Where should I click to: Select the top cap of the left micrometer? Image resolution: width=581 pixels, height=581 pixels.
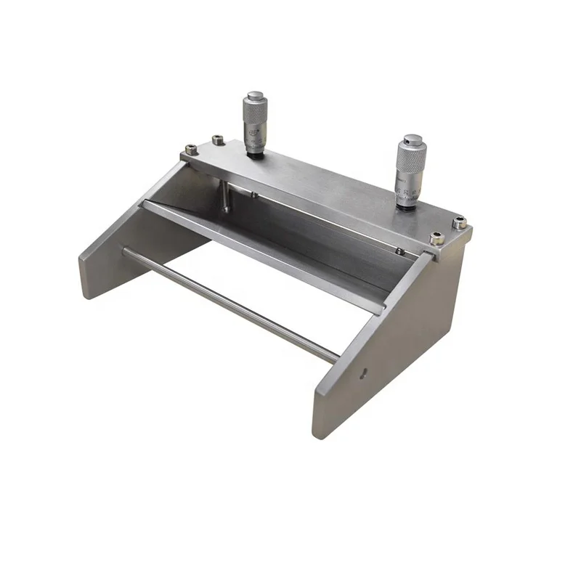[255, 95]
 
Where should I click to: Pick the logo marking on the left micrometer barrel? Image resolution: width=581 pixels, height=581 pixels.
[251, 135]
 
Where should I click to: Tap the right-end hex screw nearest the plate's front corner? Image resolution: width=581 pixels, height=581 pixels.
[436, 238]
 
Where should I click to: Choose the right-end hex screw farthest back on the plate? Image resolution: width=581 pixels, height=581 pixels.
[460, 224]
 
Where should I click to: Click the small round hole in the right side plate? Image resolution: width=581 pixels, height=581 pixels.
[365, 375]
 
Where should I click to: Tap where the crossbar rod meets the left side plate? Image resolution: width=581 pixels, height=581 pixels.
[124, 251]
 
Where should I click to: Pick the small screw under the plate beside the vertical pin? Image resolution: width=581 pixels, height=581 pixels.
[251, 193]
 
